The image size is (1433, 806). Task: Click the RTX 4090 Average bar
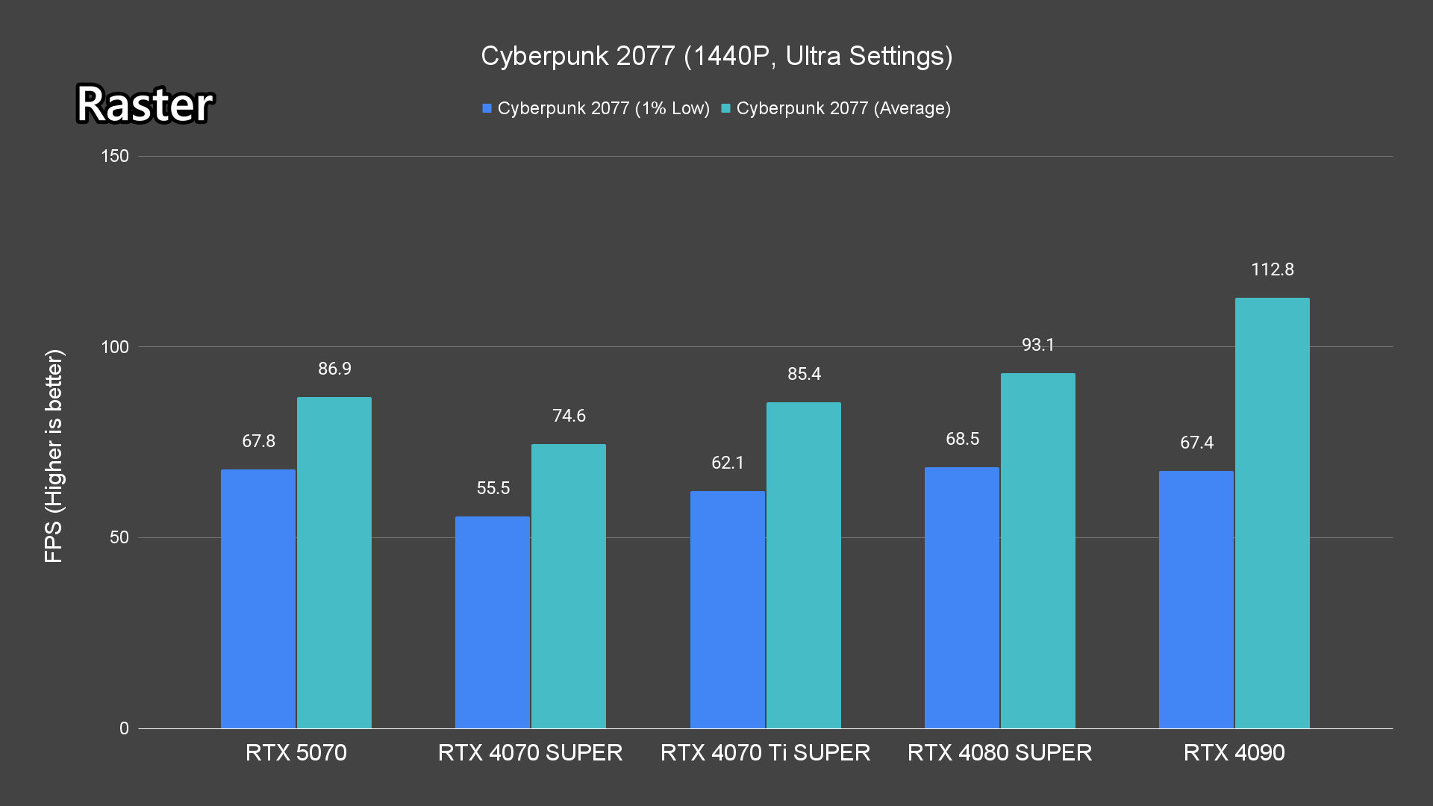[1272, 513]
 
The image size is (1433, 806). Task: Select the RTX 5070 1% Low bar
[258, 599]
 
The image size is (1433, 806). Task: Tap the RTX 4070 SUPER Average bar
[569, 586]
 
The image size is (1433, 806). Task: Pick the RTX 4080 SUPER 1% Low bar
[961, 598]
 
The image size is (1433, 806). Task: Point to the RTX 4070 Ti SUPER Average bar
[803, 565]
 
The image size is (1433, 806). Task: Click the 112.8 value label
[1273, 269]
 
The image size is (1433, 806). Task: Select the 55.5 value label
[493, 488]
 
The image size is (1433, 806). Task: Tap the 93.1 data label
[1038, 345]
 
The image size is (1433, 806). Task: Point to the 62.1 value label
[728, 463]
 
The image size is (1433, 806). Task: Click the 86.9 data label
[334, 369]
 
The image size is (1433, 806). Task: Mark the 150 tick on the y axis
[115, 156]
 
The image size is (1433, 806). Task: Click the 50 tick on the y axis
[119, 537]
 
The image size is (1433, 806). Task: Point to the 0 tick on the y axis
[124, 728]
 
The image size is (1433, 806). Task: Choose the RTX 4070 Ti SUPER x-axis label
[765, 752]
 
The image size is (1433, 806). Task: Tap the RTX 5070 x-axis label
[296, 752]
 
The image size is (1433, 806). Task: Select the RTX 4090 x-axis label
[1234, 752]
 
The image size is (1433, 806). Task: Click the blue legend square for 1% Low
[487, 109]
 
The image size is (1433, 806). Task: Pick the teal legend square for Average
[725, 109]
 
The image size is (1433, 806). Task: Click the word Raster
[145, 104]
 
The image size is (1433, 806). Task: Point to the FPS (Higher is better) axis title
[54, 455]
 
